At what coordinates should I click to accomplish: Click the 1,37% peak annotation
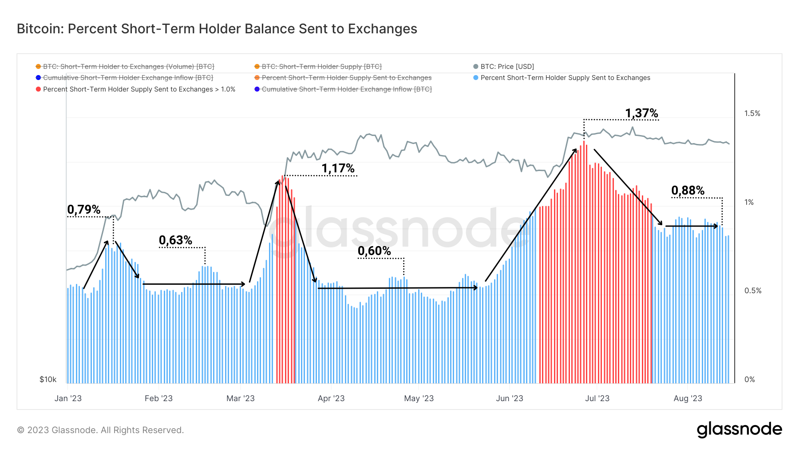pos(641,113)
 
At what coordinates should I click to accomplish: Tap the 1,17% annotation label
pos(338,168)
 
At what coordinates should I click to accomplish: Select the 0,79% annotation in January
pos(84,209)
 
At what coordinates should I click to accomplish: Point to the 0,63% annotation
pos(175,240)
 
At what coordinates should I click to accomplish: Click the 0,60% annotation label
pos(374,251)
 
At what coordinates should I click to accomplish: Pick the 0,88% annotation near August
pos(688,191)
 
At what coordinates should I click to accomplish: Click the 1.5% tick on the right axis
pos(752,114)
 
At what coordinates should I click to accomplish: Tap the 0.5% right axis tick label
pos(752,291)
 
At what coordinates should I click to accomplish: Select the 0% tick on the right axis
pos(749,379)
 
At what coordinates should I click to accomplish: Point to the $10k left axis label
pos(48,379)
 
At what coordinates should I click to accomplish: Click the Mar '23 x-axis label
pos(240,398)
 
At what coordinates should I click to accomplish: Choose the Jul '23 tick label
pos(597,398)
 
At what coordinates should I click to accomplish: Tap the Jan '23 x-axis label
pos(68,398)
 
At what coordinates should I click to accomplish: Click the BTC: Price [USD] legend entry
pos(507,67)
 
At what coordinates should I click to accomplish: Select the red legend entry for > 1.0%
pos(139,89)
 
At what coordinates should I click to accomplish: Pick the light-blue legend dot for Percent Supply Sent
pos(476,78)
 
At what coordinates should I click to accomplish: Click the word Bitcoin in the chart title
pos(40,29)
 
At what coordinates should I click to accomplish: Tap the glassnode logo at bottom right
pos(739,430)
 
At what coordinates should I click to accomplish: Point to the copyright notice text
pos(100,430)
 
